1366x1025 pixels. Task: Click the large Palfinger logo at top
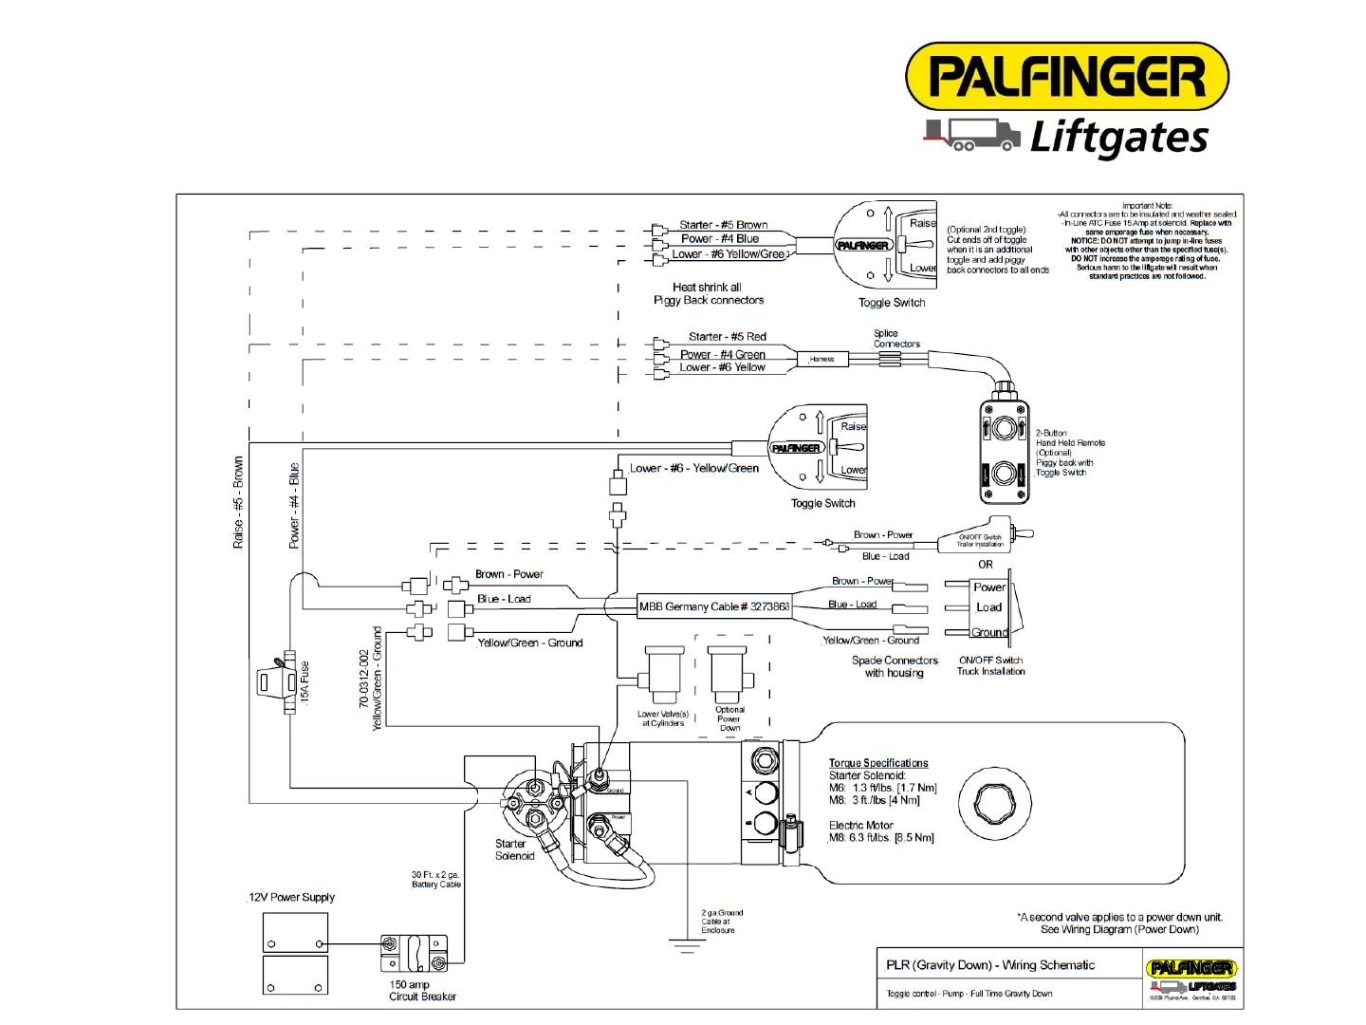click(x=1067, y=77)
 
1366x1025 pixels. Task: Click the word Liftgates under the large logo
click(x=1119, y=138)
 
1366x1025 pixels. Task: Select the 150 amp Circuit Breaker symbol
click(x=414, y=952)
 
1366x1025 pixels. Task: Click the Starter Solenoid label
click(x=514, y=849)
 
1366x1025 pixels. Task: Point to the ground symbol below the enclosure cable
click(x=685, y=945)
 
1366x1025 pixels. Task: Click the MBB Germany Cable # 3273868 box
click(x=714, y=606)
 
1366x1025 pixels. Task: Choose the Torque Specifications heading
click(x=878, y=763)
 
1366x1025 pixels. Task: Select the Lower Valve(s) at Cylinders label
click(x=663, y=718)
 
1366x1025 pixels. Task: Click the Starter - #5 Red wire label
click(x=727, y=337)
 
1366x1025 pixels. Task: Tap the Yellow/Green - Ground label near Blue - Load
click(x=529, y=643)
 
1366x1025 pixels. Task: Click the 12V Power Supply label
click(x=292, y=898)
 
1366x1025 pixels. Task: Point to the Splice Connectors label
click(x=895, y=339)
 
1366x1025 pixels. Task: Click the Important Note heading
click(x=1147, y=205)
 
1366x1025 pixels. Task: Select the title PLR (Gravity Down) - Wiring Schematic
click(x=990, y=965)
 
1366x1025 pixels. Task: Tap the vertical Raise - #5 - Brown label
click(x=238, y=502)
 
